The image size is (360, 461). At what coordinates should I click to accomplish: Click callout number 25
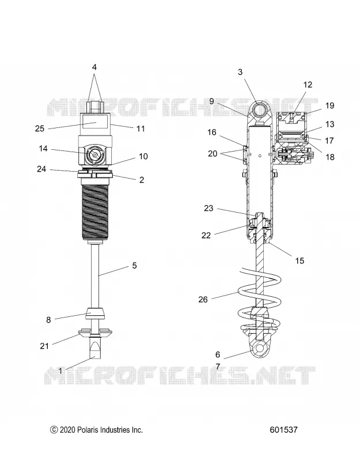[40, 129]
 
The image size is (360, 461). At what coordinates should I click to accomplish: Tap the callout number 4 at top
[94, 67]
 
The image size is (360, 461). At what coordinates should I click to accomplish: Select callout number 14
[43, 149]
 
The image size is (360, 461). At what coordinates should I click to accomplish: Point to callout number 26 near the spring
[203, 300]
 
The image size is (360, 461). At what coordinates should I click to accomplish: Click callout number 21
[44, 346]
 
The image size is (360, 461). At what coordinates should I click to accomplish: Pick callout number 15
[300, 261]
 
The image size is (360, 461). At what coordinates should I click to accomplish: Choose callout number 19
[329, 105]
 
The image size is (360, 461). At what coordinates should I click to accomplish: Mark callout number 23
[209, 209]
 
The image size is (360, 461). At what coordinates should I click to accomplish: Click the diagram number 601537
[283, 430]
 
